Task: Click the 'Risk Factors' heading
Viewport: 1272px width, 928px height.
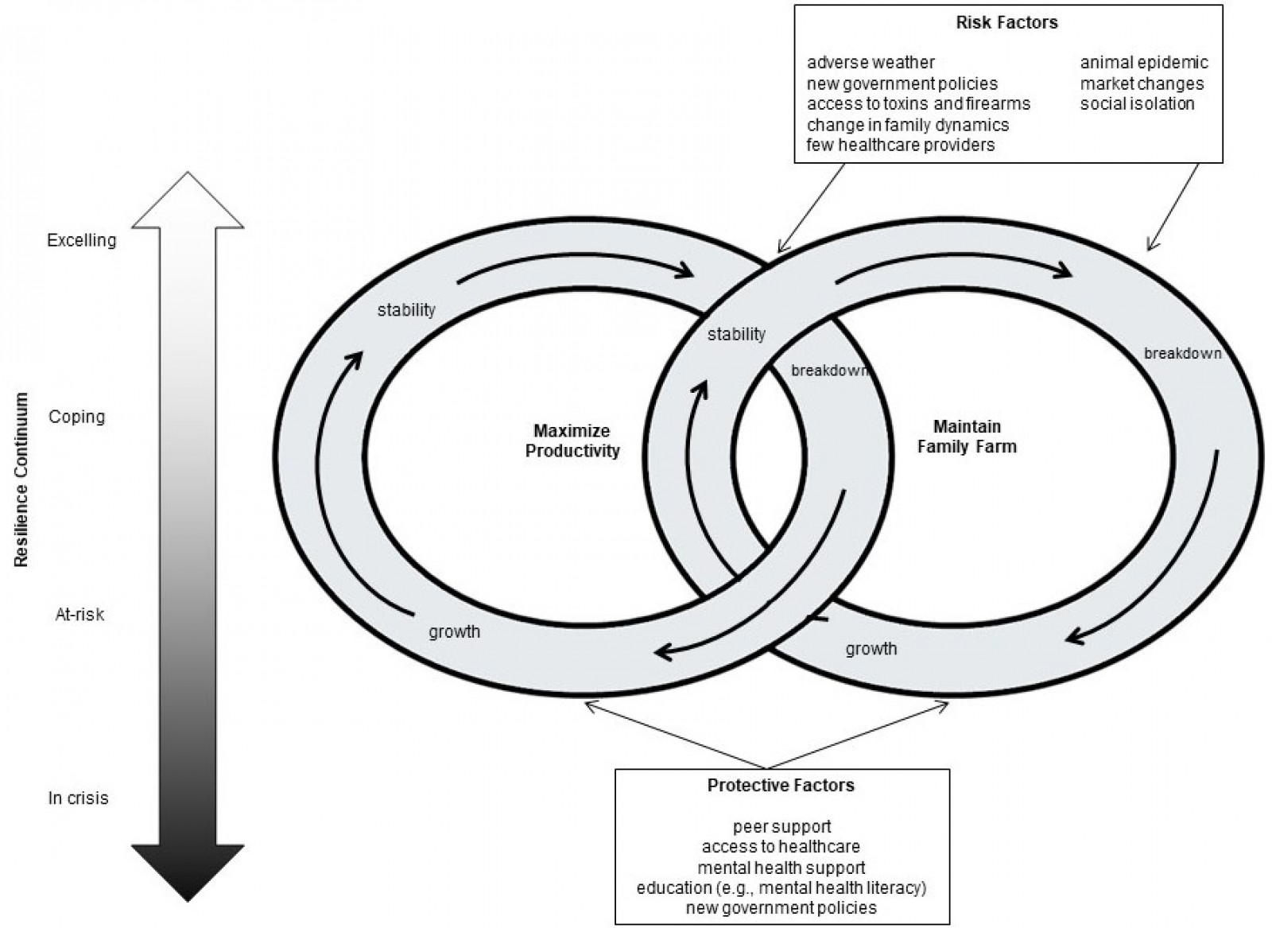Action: [1006, 22]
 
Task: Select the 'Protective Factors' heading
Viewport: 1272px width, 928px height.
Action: [781, 786]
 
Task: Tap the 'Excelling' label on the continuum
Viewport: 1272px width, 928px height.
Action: [81, 240]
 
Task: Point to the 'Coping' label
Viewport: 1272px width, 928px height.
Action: [76, 417]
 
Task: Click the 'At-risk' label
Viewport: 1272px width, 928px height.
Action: [79, 615]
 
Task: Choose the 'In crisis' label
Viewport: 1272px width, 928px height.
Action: [78, 798]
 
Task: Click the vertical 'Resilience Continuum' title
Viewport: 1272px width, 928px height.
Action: [21, 480]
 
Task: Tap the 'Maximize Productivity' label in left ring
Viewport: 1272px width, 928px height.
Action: [572, 441]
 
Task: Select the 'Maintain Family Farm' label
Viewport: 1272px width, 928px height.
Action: [967, 437]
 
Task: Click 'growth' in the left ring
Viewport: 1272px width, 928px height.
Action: [455, 632]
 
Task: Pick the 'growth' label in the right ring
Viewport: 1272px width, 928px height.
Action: [871, 649]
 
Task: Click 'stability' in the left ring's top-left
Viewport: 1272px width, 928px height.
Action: [406, 310]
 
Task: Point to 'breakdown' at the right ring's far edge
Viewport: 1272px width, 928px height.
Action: [1182, 353]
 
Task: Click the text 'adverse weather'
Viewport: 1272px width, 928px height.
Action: [871, 62]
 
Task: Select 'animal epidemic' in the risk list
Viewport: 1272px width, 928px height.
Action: [1143, 62]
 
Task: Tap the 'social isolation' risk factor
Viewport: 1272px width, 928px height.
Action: [1137, 103]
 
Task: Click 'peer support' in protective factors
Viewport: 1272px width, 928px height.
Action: [781, 827]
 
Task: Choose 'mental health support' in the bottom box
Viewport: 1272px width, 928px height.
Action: [781, 868]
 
